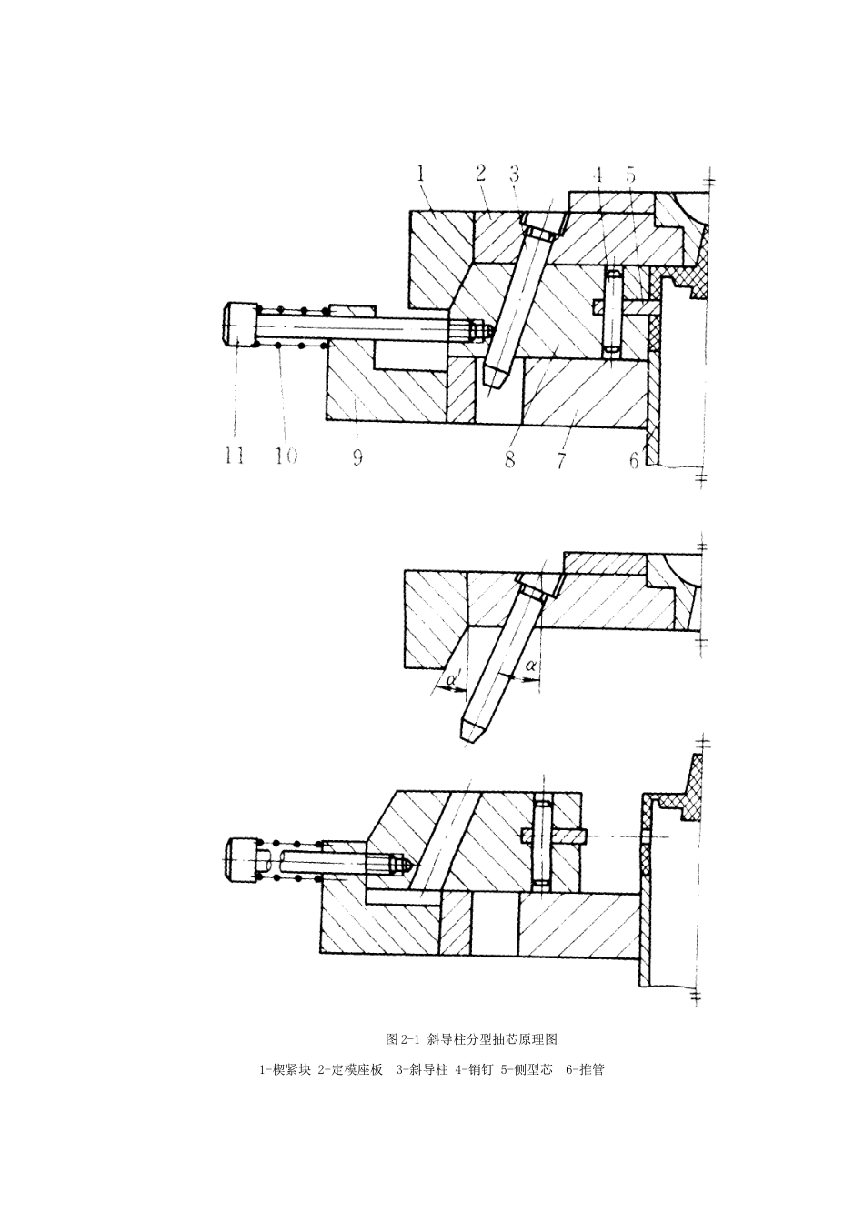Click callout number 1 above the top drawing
(421, 175)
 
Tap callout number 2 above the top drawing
(480, 174)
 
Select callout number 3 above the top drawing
(514, 174)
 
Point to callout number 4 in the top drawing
(598, 175)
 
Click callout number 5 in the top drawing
(630, 175)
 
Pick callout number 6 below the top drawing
(634, 461)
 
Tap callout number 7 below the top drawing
(560, 459)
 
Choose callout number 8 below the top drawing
(510, 459)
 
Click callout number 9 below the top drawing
(357, 457)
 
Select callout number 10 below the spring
(286, 456)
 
